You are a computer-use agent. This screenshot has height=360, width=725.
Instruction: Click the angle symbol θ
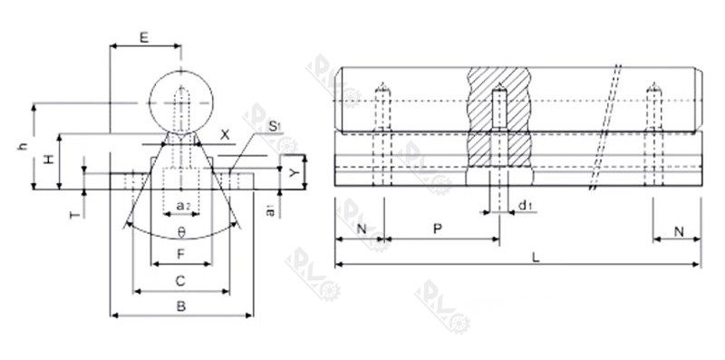click(x=181, y=230)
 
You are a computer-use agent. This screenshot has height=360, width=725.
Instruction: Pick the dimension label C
click(x=181, y=280)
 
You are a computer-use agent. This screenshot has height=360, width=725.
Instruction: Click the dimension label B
click(x=181, y=306)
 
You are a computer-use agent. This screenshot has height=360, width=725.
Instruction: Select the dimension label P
click(x=438, y=230)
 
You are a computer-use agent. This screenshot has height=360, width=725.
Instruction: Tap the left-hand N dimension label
click(x=360, y=230)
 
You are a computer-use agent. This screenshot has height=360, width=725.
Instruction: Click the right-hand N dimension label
click(x=678, y=230)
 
